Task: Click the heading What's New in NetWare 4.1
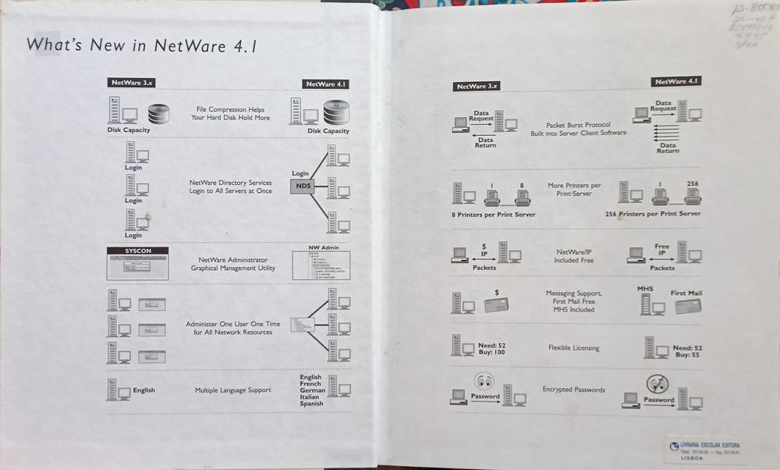click(x=142, y=45)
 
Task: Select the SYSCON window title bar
click(x=136, y=251)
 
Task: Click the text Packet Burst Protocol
click(x=577, y=124)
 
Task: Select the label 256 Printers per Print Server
click(x=653, y=214)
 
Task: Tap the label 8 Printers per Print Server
click(x=494, y=214)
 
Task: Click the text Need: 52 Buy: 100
click(x=491, y=349)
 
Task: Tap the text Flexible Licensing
click(x=573, y=347)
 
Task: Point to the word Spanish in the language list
click(x=311, y=404)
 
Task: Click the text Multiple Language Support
click(x=232, y=390)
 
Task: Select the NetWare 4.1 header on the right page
click(x=676, y=81)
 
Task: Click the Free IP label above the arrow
click(x=661, y=250)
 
